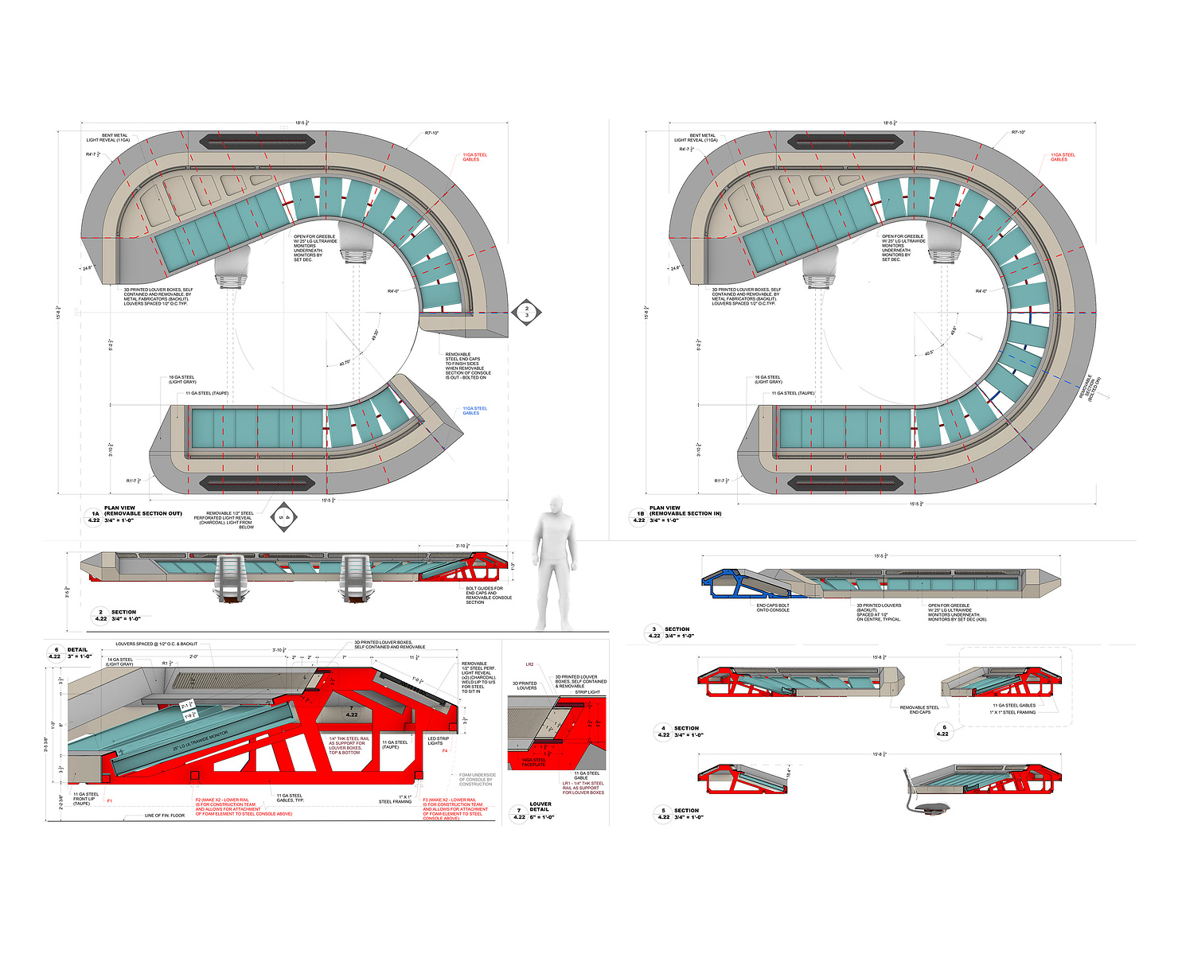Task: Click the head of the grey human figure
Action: [556, 507]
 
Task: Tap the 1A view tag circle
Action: [95, 517]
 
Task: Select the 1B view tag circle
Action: [640, 517]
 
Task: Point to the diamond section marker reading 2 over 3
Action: [526, 312]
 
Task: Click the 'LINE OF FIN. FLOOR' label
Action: [165, 816]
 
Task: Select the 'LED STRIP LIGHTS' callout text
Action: [438, 741]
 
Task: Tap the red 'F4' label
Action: [445, 750]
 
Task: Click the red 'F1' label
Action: [110, 800]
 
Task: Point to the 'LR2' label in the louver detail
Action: [529, 664]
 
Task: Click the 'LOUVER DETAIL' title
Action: [540, 807]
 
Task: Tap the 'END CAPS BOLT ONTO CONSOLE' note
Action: [773, 608]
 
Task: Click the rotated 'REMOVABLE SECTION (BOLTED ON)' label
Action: [1090, 388]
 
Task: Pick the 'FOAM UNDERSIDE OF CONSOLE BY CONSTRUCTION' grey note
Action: [477, 779]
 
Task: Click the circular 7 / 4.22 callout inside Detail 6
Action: [352, 711]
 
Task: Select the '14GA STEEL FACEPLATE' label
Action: [534, 761]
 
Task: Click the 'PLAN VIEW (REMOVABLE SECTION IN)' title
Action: [685, 511]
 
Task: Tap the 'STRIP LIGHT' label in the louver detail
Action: [587, 692]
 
